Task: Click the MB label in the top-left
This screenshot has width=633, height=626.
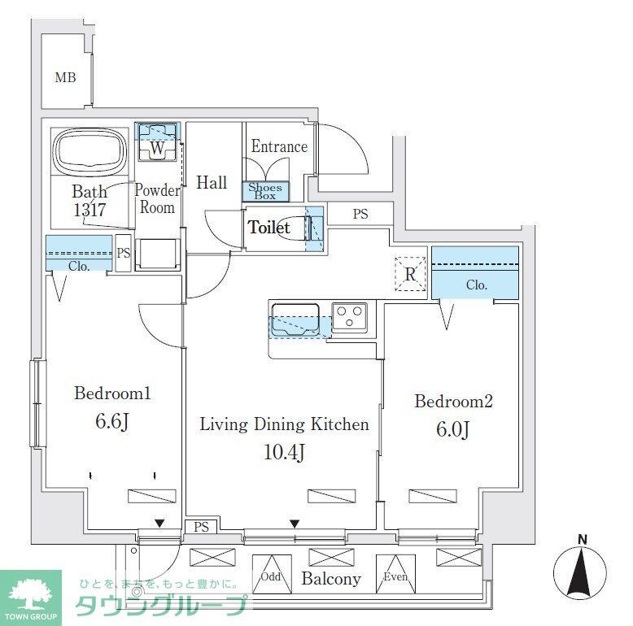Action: (x=65, y=78)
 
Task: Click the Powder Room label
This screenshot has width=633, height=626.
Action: (x=157, y=198)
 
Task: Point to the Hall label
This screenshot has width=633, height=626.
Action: (x=212, y=183)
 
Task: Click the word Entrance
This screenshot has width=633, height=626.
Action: (x=279, y=147)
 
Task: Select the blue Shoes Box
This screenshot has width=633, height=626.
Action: (x=265, y=192)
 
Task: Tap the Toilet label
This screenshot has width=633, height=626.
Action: (x=268, y=228)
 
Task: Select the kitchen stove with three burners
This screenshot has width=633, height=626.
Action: (x=350, y=315)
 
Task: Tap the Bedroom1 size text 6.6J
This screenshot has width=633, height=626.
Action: (x=112, y=423)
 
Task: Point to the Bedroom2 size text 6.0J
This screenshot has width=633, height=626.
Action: (x=453, y=429)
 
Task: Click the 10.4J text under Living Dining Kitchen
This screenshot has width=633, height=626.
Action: (x=285, y=452)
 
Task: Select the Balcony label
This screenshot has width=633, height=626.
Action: (x=330, y=579)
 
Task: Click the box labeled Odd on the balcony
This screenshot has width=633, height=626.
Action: (x=271, y=576)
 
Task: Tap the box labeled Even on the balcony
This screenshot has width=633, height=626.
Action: (x=395, y=576)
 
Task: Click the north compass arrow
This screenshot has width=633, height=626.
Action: (x=582, y=578)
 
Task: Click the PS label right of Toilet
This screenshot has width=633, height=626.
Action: (x=360, y=215)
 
